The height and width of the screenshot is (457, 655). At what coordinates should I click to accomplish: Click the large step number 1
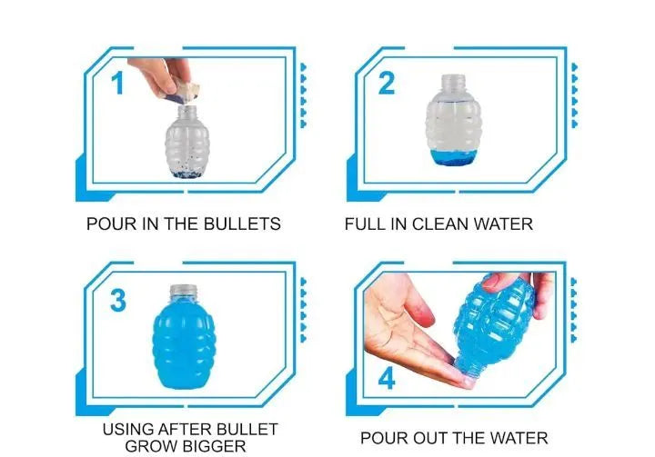(x=117, y=83)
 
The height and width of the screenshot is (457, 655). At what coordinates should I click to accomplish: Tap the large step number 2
(x=387, y=83)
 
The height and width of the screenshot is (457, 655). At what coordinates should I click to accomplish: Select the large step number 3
(x=117, y=300)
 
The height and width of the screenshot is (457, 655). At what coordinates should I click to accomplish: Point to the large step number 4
(x=387, y=379)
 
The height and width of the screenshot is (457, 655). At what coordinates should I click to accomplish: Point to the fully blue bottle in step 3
(x=184, y=337)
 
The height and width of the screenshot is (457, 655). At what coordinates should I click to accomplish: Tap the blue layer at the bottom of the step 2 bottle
(x=453, y=157)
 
